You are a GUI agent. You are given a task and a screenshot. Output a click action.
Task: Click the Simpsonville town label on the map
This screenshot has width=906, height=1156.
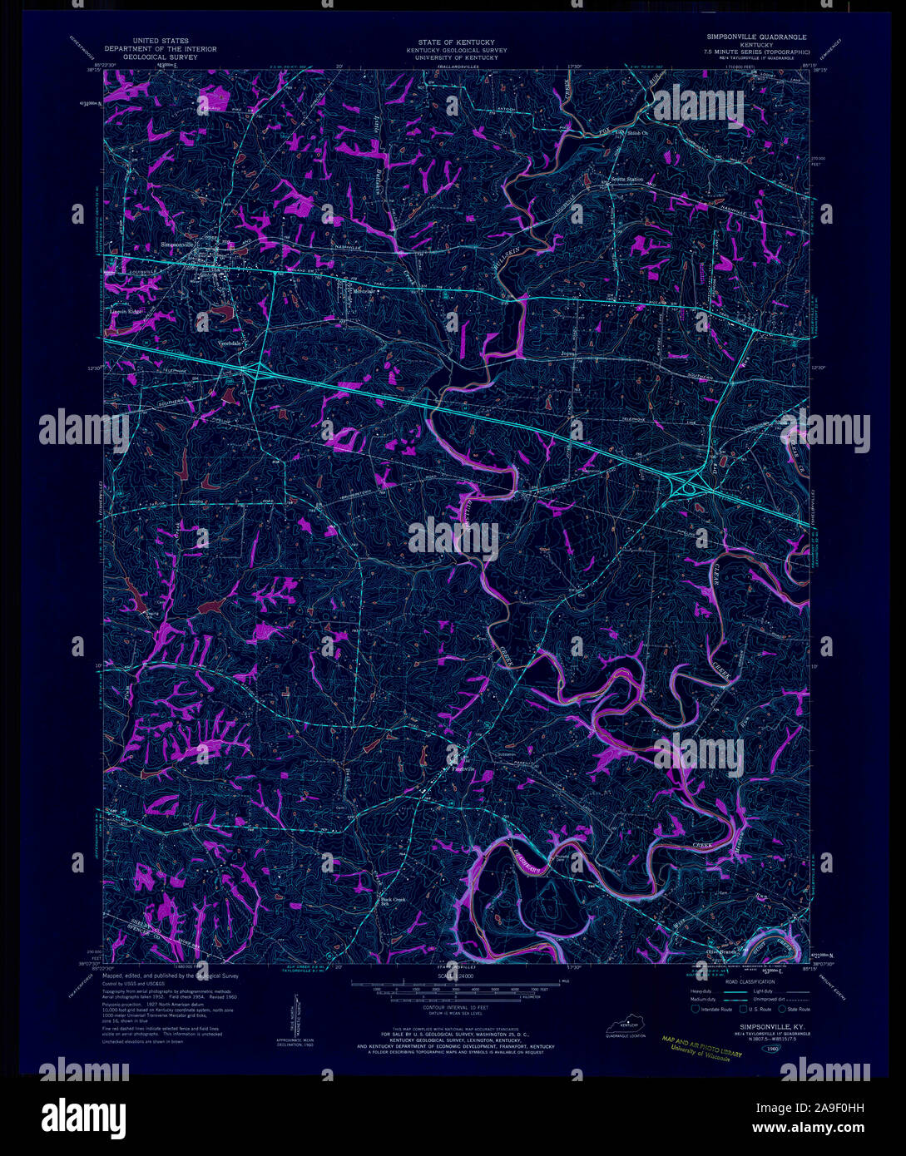pos(181,245)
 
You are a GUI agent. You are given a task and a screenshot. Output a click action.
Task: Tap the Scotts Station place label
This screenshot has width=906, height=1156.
pos(628,179)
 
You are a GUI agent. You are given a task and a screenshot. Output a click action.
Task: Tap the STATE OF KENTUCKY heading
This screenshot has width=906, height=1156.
pos(456,42)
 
